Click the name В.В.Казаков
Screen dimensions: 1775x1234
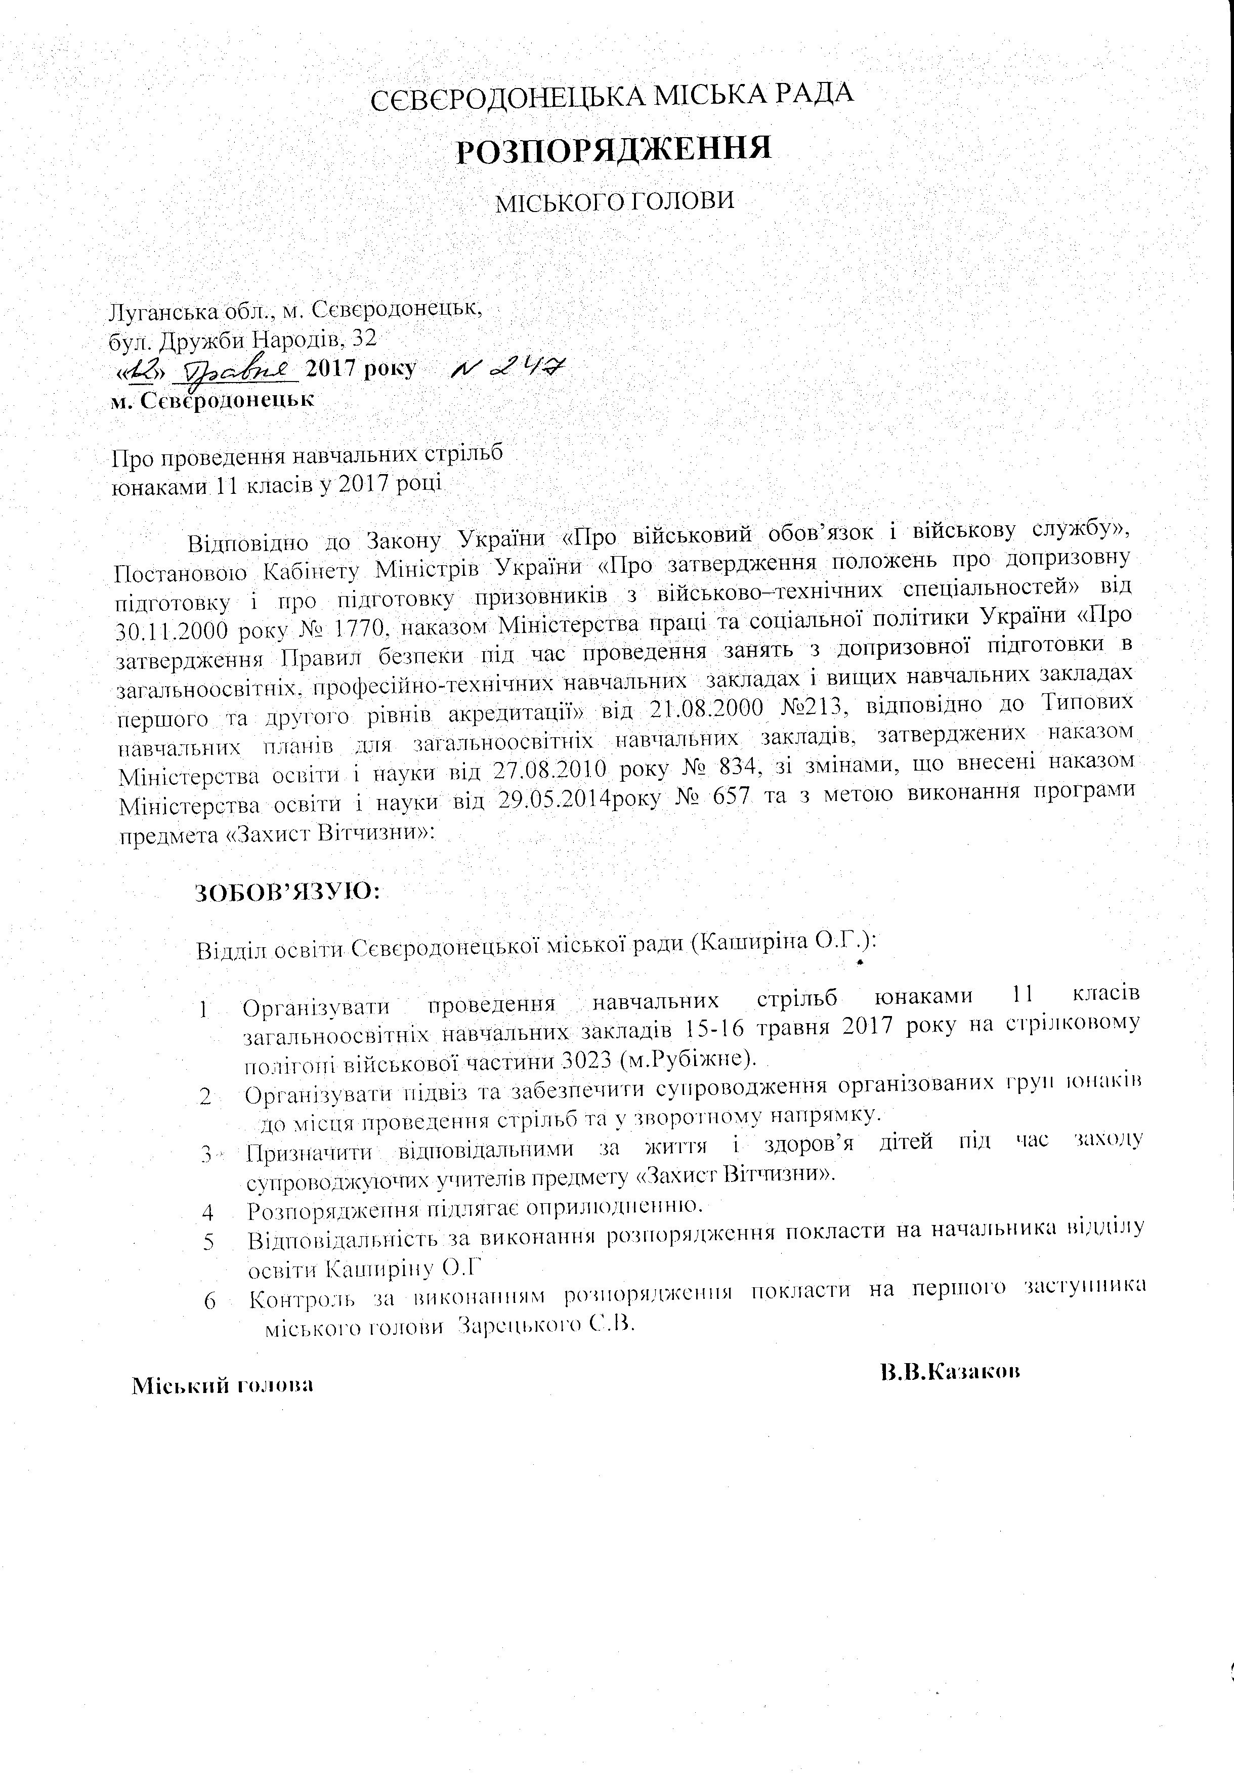(x=950, y=1372)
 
